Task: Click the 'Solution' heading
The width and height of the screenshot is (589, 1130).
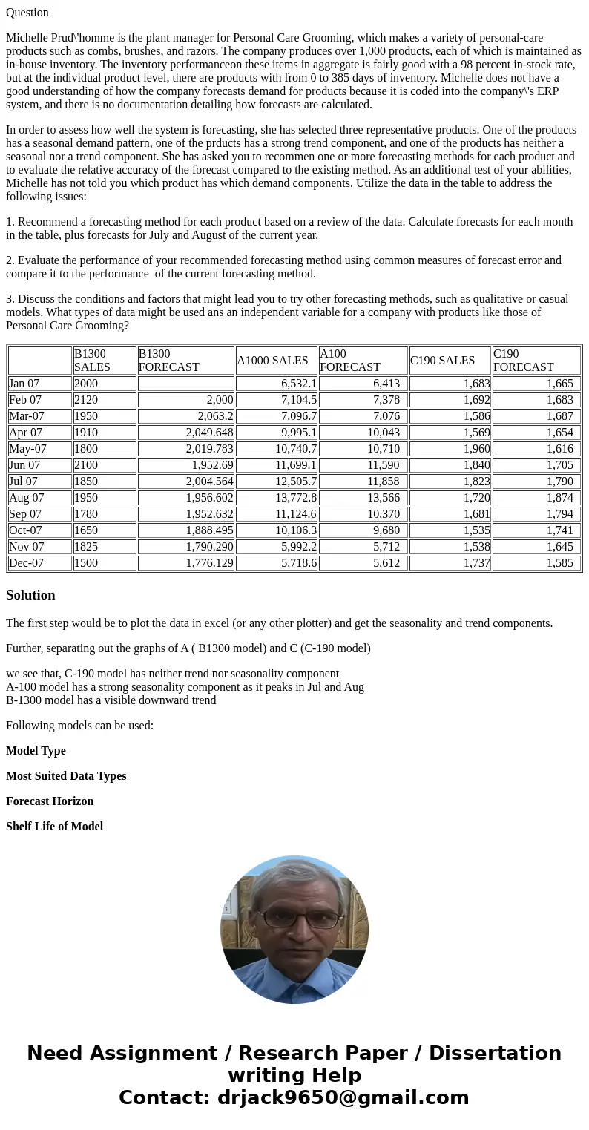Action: pos(30,595)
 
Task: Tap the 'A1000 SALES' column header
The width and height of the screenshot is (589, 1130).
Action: pos(272,361)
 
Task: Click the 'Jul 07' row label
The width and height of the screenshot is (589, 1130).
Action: pos(23,482)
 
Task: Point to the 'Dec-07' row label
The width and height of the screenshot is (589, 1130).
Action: pos(26,563)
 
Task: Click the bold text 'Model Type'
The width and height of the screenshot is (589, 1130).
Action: pos(36,751)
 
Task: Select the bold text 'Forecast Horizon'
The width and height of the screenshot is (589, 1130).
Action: pos(50,801)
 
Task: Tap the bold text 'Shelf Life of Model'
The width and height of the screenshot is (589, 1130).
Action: pos(54,827)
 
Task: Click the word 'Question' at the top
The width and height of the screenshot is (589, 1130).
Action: pos(27,13)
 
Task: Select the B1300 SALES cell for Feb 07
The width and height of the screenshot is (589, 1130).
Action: pos(86,400)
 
